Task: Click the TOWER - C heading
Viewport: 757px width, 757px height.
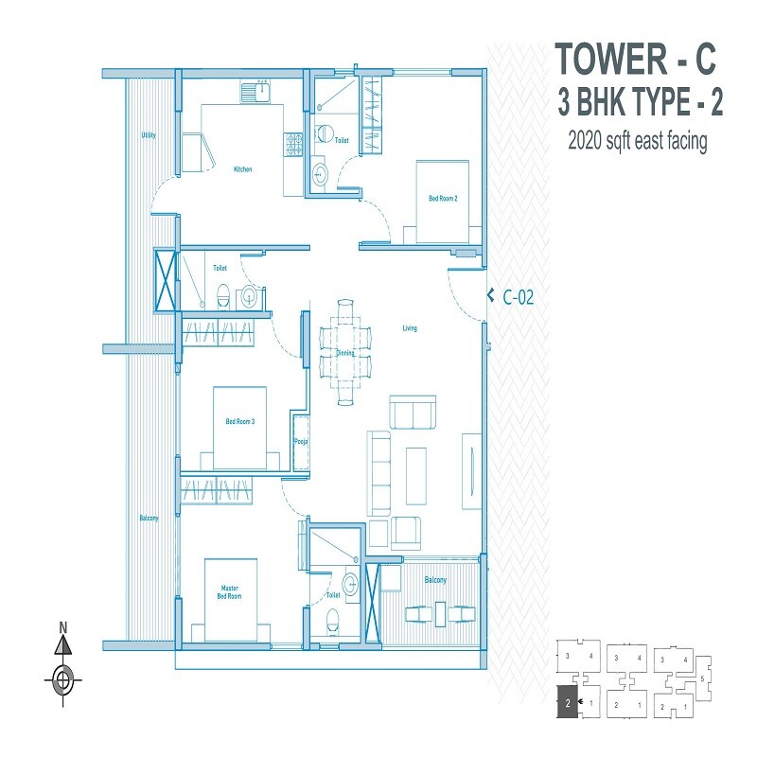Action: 635,59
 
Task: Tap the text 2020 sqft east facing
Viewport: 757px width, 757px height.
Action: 637,142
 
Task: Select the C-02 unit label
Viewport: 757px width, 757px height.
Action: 519,297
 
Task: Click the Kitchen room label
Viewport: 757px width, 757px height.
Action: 243,169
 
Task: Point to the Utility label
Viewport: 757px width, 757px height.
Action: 148,135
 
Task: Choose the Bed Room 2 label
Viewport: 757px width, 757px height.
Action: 443,199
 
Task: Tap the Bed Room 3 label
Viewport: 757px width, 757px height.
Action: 239,422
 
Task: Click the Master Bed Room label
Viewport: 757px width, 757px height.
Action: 229,592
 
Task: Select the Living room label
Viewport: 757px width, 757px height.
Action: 409,328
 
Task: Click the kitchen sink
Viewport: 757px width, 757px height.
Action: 255,92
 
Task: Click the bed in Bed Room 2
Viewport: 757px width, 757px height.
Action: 442,202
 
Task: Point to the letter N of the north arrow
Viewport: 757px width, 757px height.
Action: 63,626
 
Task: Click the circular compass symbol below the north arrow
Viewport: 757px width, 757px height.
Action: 63,678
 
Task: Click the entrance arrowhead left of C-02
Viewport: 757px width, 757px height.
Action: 490,296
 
